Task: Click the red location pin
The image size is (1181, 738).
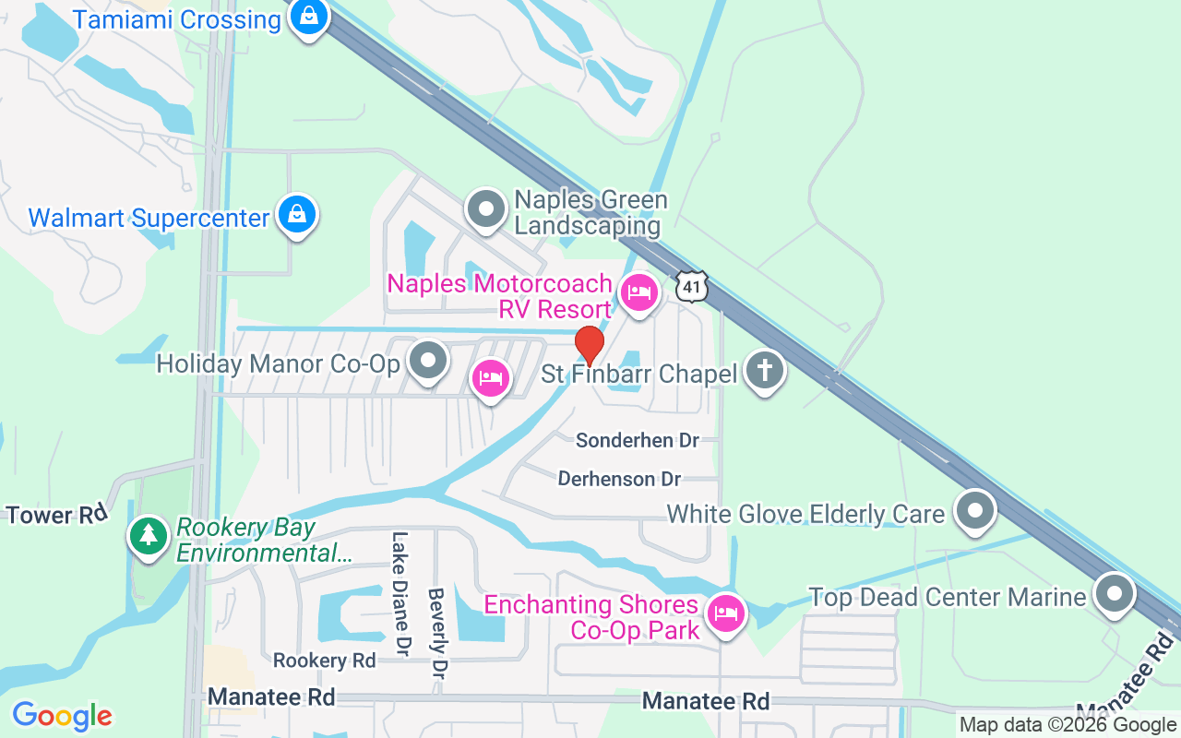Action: pos(590,345)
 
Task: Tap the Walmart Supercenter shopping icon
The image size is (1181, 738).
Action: pos(297,215)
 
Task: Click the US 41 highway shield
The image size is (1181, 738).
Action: pos(692,286)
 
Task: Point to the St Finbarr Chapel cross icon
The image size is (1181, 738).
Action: pos(764,371)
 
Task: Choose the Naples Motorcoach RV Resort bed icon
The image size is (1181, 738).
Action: pos(638,294)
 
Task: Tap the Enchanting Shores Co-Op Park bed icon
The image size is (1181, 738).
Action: pos(726,613)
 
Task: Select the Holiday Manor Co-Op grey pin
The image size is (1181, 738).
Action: pos(428,363)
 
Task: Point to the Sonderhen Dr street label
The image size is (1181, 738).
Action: pos(638,441)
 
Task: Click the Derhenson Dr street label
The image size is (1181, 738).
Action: pos(619,479)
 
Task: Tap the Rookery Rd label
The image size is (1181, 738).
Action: pos(325,661)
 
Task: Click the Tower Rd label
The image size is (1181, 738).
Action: pos(57,515)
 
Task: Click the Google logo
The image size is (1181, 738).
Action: pos(62,716)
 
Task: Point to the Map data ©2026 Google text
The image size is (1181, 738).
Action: pos(1068,725)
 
